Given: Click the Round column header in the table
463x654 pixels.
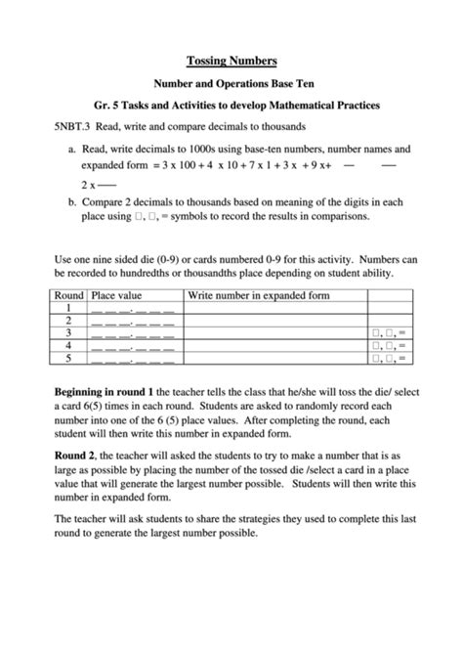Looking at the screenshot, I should (68, 294).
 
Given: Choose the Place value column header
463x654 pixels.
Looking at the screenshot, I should (116, 294).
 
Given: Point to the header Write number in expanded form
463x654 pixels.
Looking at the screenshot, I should (258, 294).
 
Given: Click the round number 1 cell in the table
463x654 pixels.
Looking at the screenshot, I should (68, 307).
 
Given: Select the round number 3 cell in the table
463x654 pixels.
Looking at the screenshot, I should (68, 332).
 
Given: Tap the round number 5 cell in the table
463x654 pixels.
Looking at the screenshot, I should (68, 358).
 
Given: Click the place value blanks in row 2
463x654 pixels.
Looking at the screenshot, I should (133, 321).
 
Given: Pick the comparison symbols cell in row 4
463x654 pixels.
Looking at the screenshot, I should (388, 345).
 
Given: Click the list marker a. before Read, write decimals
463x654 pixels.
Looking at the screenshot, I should (72, 150).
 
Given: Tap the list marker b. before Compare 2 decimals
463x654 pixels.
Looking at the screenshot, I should (72, 201).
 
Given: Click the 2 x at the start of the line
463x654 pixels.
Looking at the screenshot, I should (89, 184).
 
